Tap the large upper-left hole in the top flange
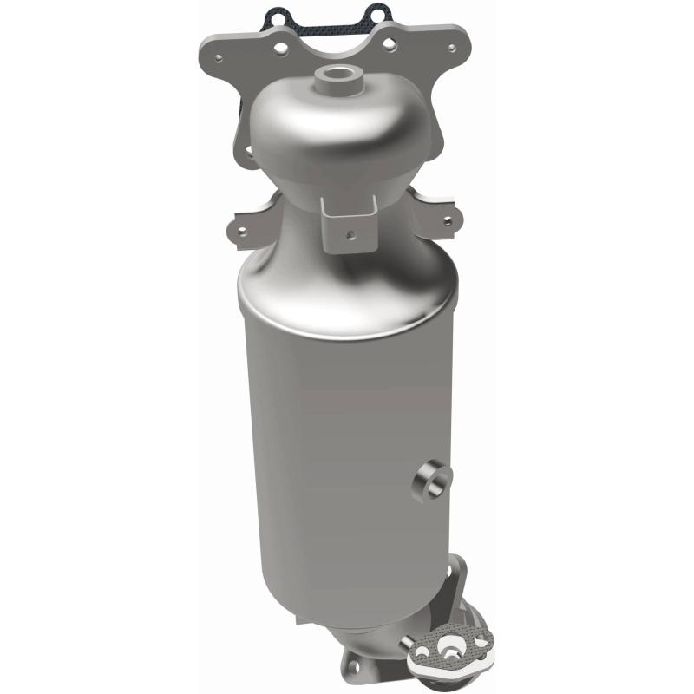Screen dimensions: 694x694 pos(273,43)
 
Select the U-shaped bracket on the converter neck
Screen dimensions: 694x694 pos(348,219)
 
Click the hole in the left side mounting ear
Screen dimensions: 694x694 pos(242,231)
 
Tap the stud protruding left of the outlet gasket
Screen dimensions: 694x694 pos(406,643)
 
